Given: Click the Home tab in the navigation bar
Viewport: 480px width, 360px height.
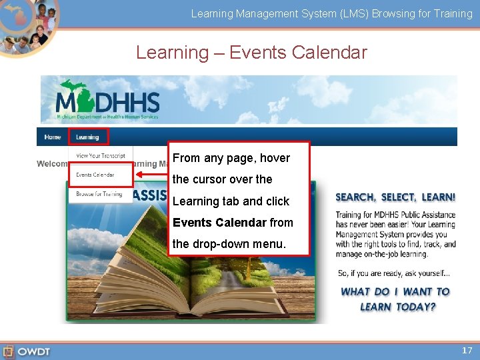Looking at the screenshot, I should click(53, 137).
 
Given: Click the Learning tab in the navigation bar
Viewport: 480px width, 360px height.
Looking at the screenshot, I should click(87, 137).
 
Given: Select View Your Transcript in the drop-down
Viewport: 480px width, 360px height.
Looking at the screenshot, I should click(101, 156).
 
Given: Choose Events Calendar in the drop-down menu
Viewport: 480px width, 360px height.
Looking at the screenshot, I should click(95, 175).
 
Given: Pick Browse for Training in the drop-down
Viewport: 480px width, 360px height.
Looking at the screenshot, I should click(99, 194).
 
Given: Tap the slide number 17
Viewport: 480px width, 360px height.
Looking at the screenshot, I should click(467, 350).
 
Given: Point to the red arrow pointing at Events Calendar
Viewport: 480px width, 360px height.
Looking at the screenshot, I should click(150, 175).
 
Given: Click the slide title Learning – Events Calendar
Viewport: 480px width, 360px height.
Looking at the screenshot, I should click(251, 52).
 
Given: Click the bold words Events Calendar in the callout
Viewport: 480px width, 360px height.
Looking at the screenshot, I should click(219, 223).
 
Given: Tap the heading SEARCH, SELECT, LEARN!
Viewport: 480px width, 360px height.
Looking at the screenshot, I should click(395, 197).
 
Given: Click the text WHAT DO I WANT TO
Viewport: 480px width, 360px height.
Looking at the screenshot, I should click(395, 291).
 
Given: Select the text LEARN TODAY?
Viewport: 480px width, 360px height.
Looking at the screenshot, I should click(398, 307).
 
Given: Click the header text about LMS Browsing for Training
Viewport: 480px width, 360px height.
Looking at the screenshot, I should click(331, 13).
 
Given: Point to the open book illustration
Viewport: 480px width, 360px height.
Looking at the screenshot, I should click(193, 280).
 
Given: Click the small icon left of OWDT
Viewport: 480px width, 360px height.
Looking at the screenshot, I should click(8, 351).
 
